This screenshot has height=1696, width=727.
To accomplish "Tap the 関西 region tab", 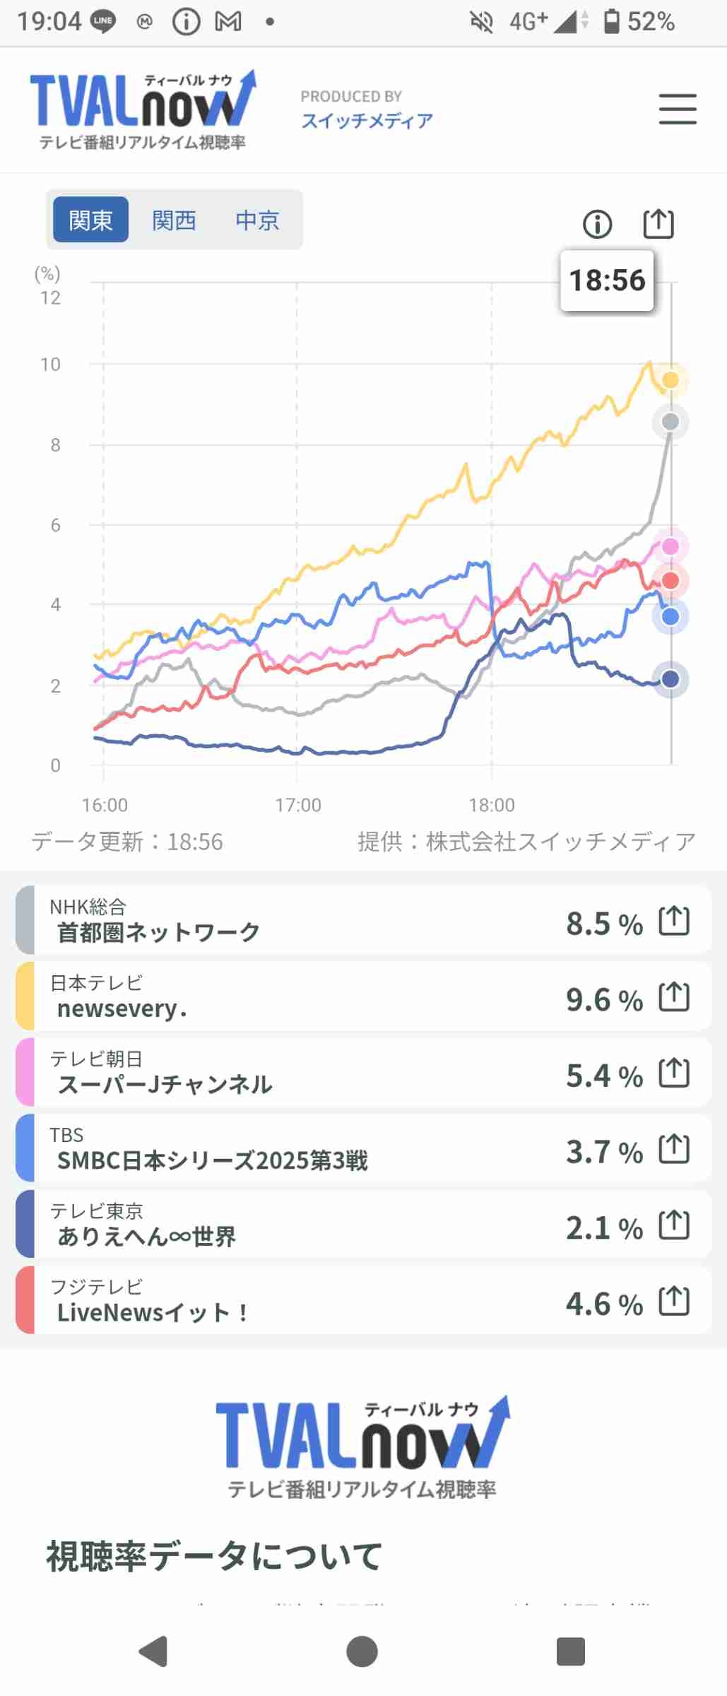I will [x=174, y=220].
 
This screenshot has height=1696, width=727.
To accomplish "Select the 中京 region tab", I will [x=257, y=220].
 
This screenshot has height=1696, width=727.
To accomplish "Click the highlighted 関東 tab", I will [x=90, y=220].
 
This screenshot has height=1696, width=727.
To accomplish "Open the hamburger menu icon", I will [x=678, y=110].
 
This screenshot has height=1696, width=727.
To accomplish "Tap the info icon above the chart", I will [x=597, y=225].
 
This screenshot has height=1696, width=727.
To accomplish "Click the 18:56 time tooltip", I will [x=607, y=281].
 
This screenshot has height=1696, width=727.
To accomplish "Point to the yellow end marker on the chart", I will [x=670, y=380].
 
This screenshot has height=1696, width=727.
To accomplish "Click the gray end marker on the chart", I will [x=670, y=422].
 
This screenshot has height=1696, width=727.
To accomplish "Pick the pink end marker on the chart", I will [x=670, y=546].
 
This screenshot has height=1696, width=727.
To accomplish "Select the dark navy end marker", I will [x=670, y=679].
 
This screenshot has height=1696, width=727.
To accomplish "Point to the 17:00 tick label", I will [x=298, y=805].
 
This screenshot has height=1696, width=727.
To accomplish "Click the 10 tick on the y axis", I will [x=50, y=365].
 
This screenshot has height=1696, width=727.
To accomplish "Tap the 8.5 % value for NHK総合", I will [x=604, y=924].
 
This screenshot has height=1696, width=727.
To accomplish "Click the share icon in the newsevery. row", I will [x=674, y=997].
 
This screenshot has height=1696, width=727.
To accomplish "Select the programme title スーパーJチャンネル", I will [x=165, y=1085].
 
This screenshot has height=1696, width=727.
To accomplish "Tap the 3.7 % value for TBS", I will [x=604, y=1152].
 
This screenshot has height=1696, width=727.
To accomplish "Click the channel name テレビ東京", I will [x=96, y=1211].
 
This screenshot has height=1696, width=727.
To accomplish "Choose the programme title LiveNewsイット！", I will [x=153, y=1313].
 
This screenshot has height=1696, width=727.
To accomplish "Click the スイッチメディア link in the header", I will [x=367, y=121].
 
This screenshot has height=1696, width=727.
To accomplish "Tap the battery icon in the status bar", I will [x=612, y=22].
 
